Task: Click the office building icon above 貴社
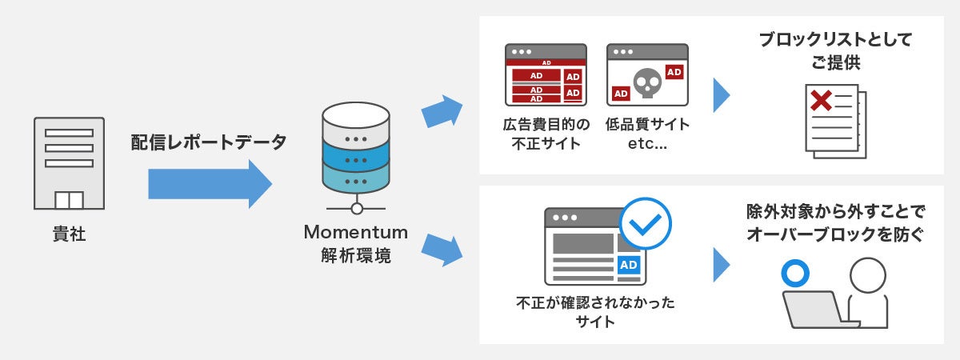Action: click(x=69, y=164)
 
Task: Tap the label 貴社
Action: click(x=69, y=236)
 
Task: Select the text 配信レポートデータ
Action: click(x=208, y=143)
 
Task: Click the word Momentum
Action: click(x=355, y=233)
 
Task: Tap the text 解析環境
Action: click(x=355, y=257)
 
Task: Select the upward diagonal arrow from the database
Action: click(x=442, y=110)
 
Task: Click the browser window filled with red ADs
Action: click(x=546, y=75)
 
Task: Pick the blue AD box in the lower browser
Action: click(x=629, y=265)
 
